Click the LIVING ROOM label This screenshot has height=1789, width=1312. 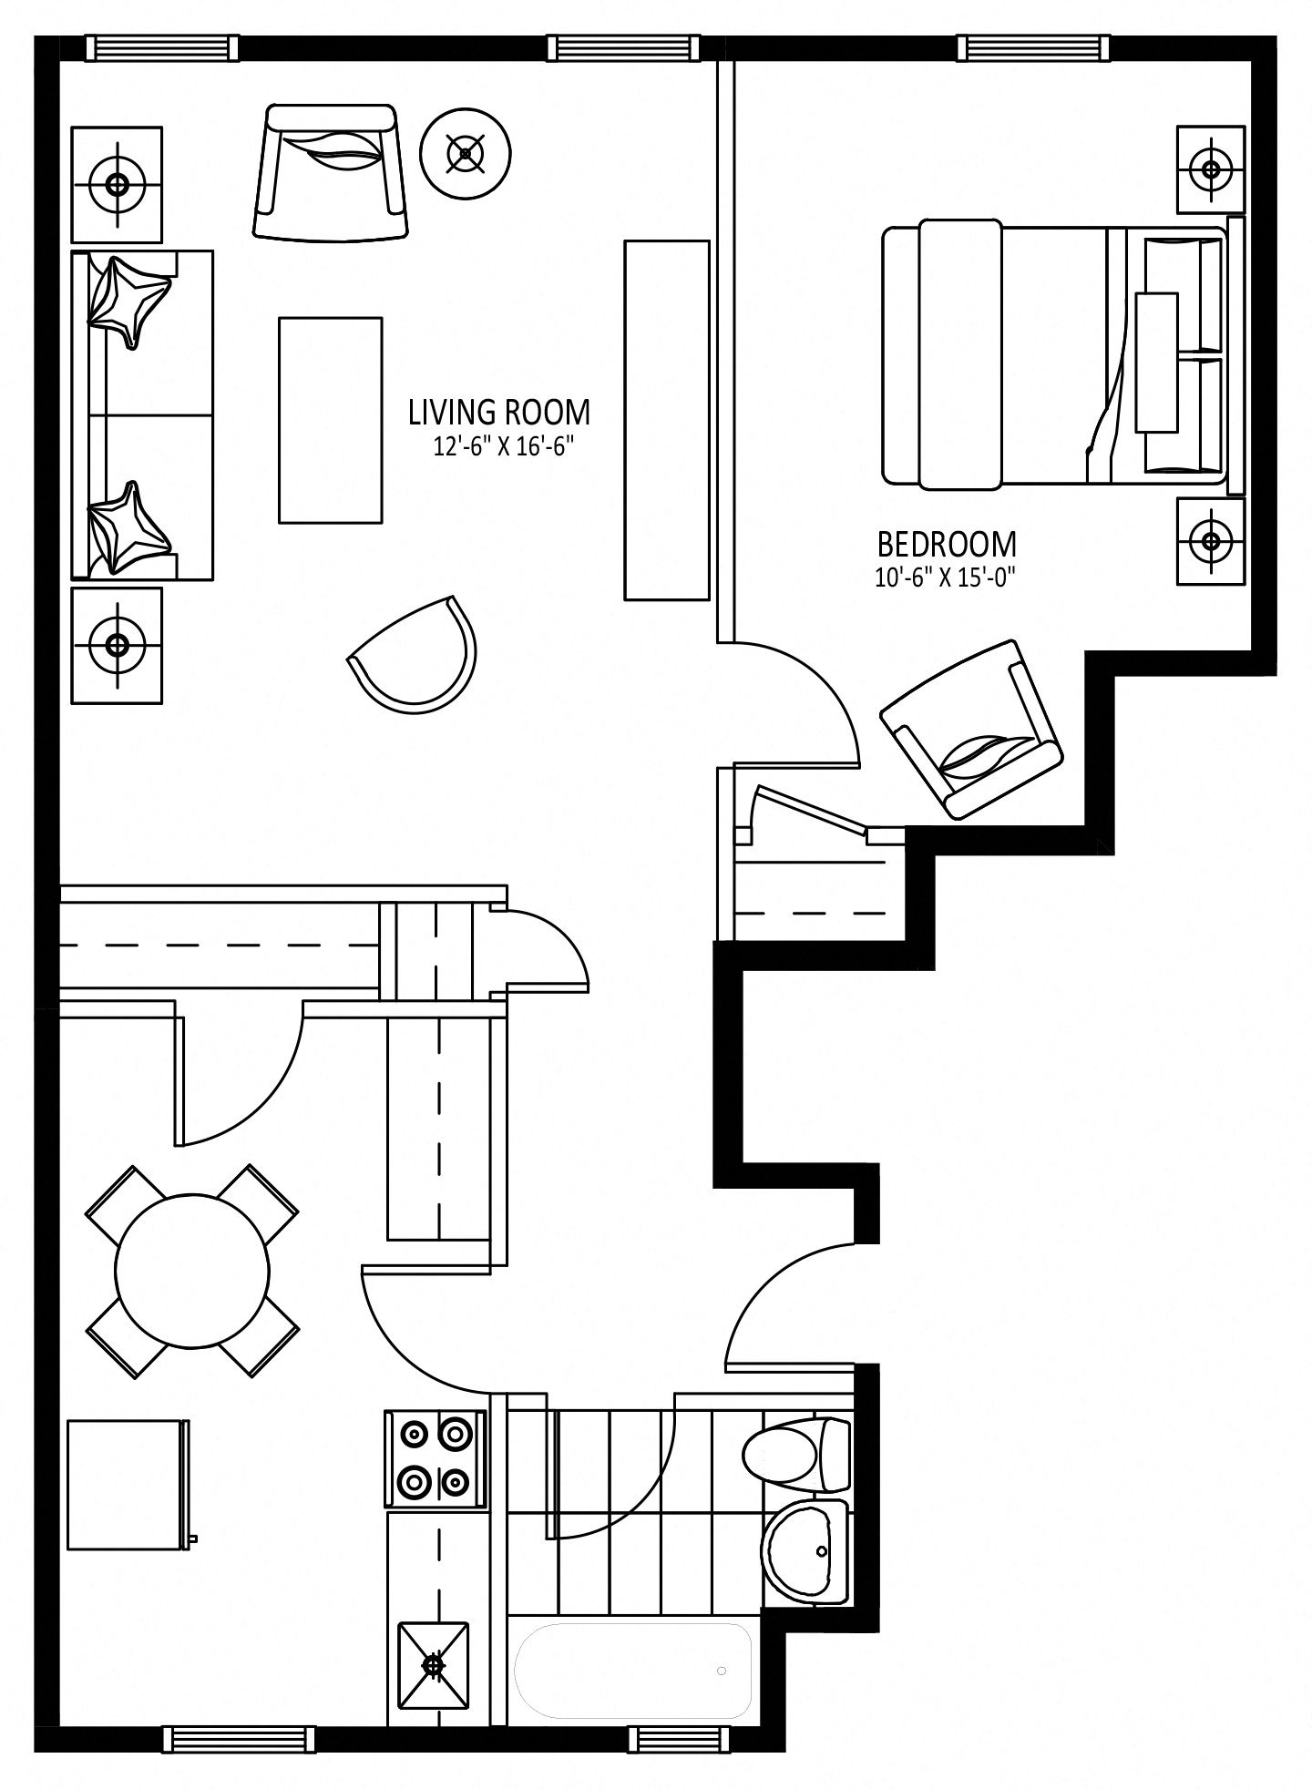point(499,413)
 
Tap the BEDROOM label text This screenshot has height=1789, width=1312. point(947,545)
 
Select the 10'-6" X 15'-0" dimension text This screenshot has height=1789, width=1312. point(946,578)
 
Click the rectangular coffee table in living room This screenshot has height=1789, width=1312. point(330,420)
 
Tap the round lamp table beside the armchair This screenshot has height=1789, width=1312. point(466,153)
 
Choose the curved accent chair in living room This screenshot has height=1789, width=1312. point(414,655)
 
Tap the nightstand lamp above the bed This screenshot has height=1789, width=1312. point(1211,169)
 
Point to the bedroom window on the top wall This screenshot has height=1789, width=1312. point(1034,48)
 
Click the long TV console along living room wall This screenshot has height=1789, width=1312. point(666,420)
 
